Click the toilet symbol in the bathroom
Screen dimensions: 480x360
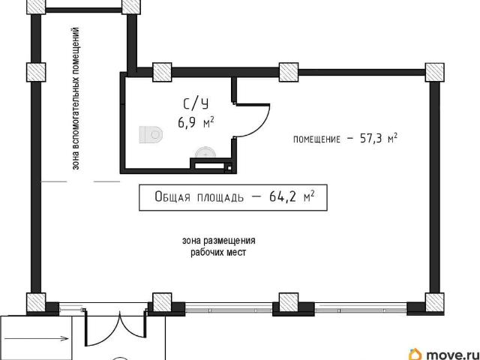point(151,134)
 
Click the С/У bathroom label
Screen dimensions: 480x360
point(196,104)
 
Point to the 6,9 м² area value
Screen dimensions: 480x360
point(196,123)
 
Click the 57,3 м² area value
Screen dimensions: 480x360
point(379,138)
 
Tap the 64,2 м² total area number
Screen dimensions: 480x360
point(292,196)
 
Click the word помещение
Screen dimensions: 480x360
point(316,139)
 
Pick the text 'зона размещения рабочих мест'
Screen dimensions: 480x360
point(218,247)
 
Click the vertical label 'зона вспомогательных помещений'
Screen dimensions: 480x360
point(76,98)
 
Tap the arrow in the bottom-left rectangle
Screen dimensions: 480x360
point(37,338)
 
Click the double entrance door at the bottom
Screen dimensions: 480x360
point(115,328)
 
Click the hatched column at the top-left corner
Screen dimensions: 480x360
point(36,5)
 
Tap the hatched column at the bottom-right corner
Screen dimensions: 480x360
point(435,302)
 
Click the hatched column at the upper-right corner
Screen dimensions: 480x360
point(435,72)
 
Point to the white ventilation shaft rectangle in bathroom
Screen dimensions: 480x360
point(209,166)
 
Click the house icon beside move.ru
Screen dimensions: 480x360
point(415,355)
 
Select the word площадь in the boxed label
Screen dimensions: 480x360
point(220,198)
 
